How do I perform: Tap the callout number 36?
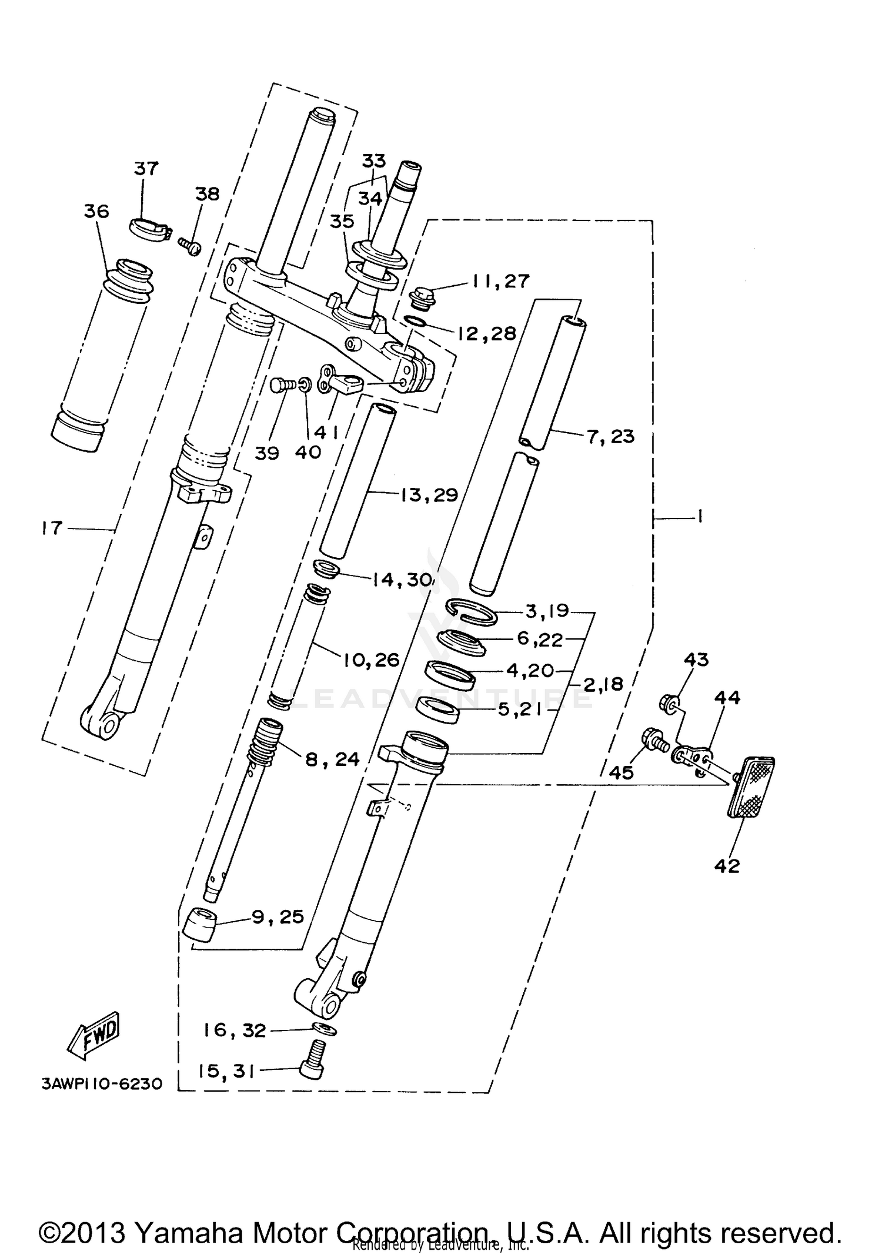(96, 211)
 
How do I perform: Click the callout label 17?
(52, 528)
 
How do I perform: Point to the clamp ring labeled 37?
(147, 227)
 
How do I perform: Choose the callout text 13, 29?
(429, 495)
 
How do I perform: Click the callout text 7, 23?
(610, 436)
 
